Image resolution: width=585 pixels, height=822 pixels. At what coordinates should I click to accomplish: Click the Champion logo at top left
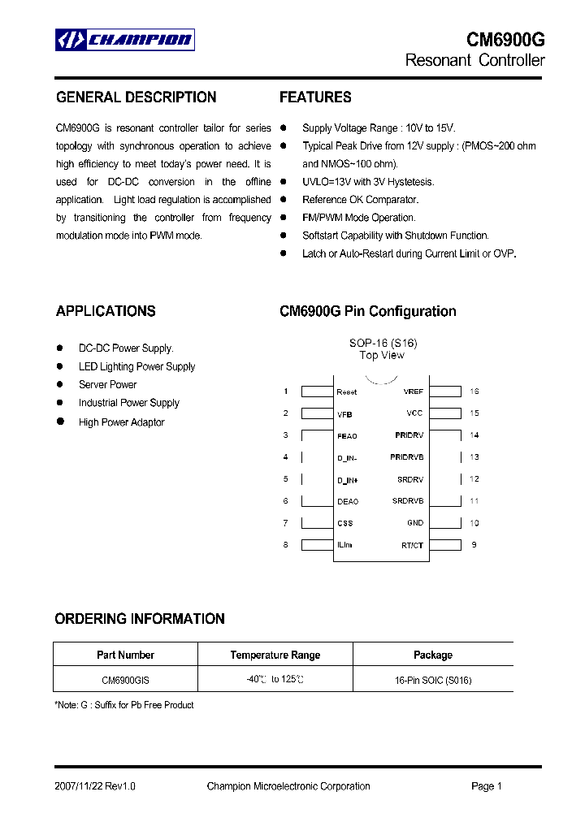coord(124,40)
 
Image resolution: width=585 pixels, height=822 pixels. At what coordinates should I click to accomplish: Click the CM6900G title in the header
coord(505,40)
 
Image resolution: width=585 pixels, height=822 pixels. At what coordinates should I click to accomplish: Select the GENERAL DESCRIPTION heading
coord(136,97)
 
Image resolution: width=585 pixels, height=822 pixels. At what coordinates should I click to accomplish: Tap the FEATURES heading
coord(315,97)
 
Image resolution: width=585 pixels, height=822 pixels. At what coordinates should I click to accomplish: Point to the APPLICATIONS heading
coord(106,311)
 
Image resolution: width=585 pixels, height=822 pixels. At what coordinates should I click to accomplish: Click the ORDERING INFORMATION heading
coord(140,619)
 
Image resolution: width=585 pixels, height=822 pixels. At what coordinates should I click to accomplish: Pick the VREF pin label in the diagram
coord(413,392)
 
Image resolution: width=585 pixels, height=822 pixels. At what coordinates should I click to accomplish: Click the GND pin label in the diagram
coord(414,523)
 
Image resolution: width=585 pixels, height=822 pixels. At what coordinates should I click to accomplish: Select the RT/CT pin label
coord(412,545)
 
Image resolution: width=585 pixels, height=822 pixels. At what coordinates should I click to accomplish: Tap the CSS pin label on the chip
coord(344,523)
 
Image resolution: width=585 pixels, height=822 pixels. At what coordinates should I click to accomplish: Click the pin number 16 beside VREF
coord(474,392)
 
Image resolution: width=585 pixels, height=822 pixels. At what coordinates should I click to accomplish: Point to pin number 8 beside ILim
coord(286,545)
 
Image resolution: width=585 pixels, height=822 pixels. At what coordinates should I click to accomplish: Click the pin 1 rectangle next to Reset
coord(317,392)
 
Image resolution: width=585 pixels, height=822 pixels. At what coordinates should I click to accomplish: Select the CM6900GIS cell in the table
coord(125,680)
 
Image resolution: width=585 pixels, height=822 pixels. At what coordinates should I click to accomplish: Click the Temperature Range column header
coord(275,655)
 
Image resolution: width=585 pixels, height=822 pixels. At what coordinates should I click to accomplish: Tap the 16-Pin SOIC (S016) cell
coord(432,680)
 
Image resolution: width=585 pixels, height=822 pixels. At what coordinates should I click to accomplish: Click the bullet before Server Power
coord(60,384)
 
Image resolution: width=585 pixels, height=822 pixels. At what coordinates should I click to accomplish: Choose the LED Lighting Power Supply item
coord(136,366)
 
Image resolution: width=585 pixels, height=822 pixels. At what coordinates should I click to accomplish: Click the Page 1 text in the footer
coord(487,786)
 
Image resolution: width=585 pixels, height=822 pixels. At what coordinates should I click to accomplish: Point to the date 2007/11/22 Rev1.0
coord(95,786)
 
